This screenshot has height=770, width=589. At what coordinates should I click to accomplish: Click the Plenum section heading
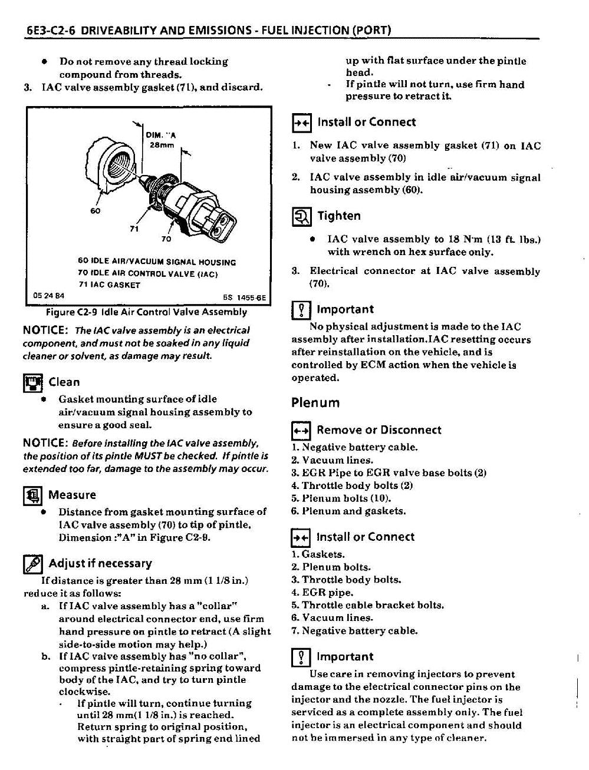pos(315,403)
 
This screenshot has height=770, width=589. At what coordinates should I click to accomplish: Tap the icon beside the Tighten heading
pos(302,217)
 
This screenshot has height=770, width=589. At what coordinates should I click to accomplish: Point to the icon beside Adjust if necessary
pos(32,564)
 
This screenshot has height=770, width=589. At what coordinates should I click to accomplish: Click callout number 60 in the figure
pos(96,211)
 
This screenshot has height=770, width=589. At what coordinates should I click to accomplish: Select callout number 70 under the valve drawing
pos(166,239)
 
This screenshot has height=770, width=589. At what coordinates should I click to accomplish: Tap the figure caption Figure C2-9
pos(142,312)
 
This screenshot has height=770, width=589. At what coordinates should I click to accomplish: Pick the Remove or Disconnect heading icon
pos(301,431)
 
